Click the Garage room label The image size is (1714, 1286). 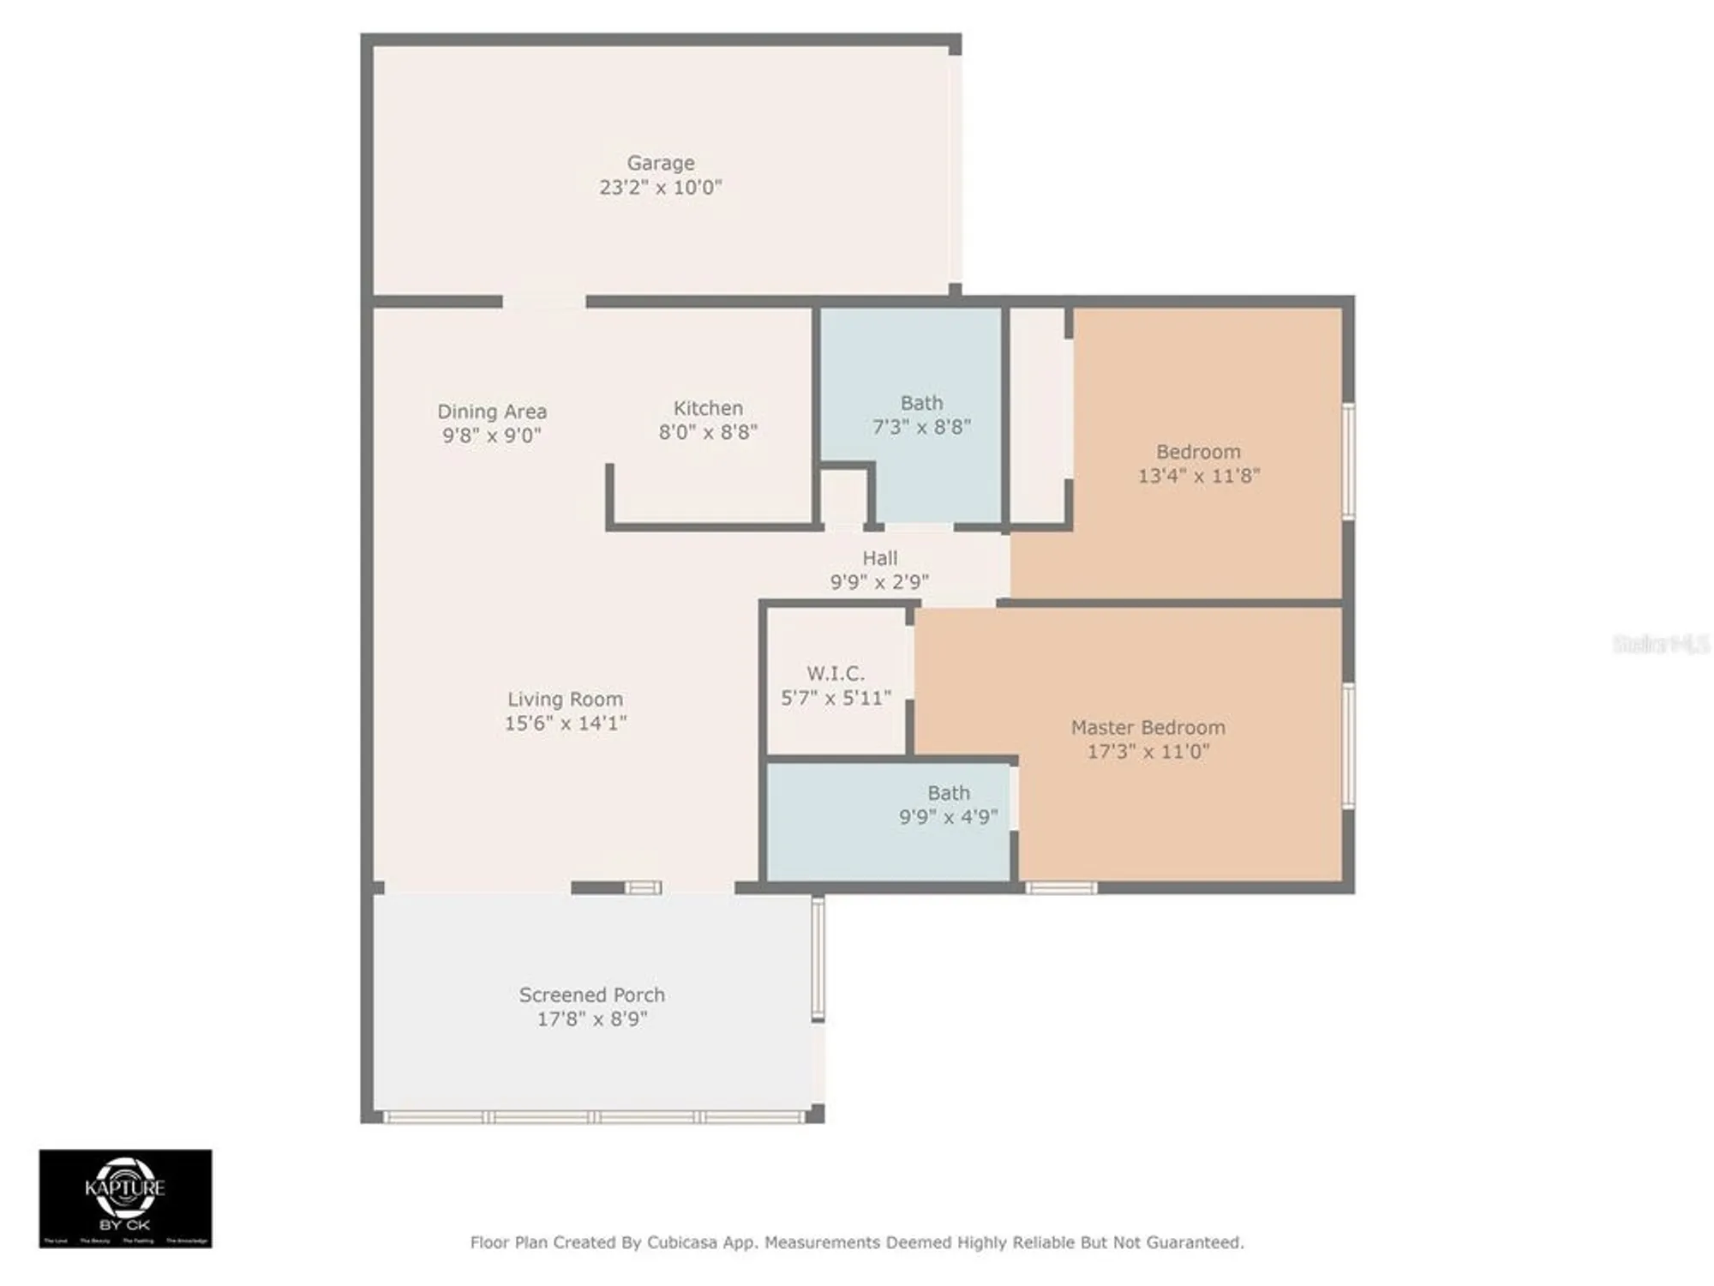click(660, 162)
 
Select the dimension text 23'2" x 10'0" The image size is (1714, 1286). click(660, 187)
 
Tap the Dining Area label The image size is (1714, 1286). click(492, 412)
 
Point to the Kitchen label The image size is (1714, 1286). click(708, 408)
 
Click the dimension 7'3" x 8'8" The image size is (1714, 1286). click(921, 427)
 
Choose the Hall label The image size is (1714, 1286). click(879, 558)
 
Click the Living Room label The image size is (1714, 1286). click(565, 699)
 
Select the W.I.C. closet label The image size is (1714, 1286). click(836, 674)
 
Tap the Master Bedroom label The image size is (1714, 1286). click(1148, 727)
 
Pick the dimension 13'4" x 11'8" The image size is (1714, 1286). click(1198, 476)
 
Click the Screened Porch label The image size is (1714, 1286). click(591, 995)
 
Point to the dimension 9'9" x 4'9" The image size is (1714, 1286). click(948, 817)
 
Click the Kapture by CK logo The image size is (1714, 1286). click(125, 1198)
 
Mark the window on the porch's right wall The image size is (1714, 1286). click(818, 958)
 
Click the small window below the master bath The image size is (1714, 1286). click(1061, 888)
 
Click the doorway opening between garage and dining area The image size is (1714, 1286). click(544, 302)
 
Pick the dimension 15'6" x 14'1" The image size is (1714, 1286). click(565, 724)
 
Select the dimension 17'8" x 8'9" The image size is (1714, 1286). click(591, 1019)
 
